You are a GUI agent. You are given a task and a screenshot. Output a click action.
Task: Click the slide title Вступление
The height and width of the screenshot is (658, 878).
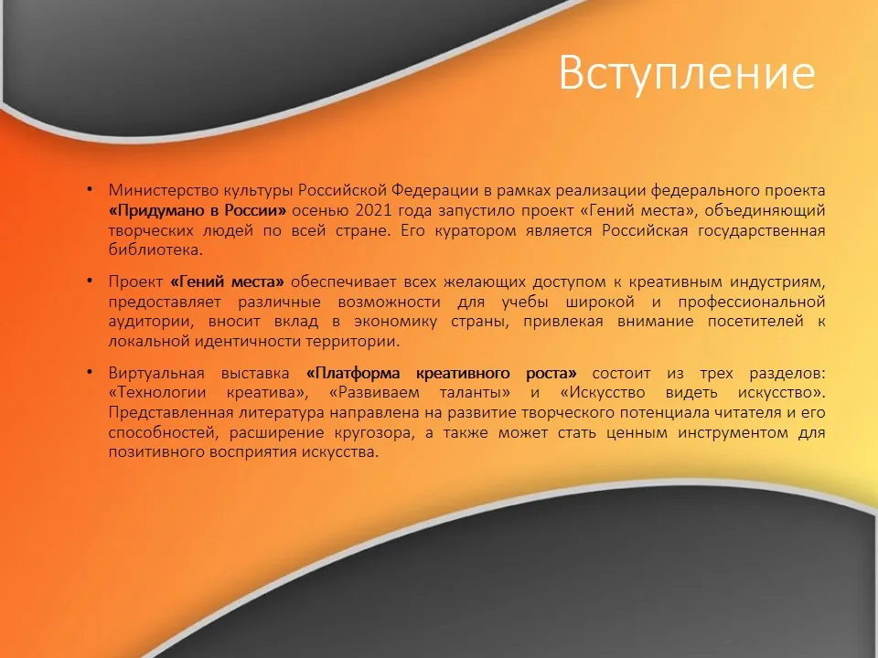tap(687, 73)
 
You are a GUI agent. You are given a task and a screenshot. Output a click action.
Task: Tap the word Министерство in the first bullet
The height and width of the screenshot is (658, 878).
tap(164, 191)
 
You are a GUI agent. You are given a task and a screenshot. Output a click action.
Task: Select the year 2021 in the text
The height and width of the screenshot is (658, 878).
tap(373, 210)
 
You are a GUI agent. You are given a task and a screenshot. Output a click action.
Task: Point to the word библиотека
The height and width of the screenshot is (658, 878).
tap(155, 249)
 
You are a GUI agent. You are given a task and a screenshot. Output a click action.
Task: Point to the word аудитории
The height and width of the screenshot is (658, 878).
tap(150, 322)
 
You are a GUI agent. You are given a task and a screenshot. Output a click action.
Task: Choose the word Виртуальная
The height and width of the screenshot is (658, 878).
tap(156, 373)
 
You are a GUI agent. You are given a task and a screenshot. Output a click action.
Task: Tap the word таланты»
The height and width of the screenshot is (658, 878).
tap(475, 393)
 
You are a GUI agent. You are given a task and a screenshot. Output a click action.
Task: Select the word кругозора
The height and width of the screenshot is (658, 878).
tap(375, 433)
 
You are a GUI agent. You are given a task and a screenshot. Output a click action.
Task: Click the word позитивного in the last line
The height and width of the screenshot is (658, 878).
tap(156, 452)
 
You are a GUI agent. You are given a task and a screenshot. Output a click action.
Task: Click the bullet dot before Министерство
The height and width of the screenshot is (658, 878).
tap(90, 188)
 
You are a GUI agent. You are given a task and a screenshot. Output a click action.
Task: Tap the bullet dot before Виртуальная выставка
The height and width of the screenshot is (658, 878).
tap(90, 371)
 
